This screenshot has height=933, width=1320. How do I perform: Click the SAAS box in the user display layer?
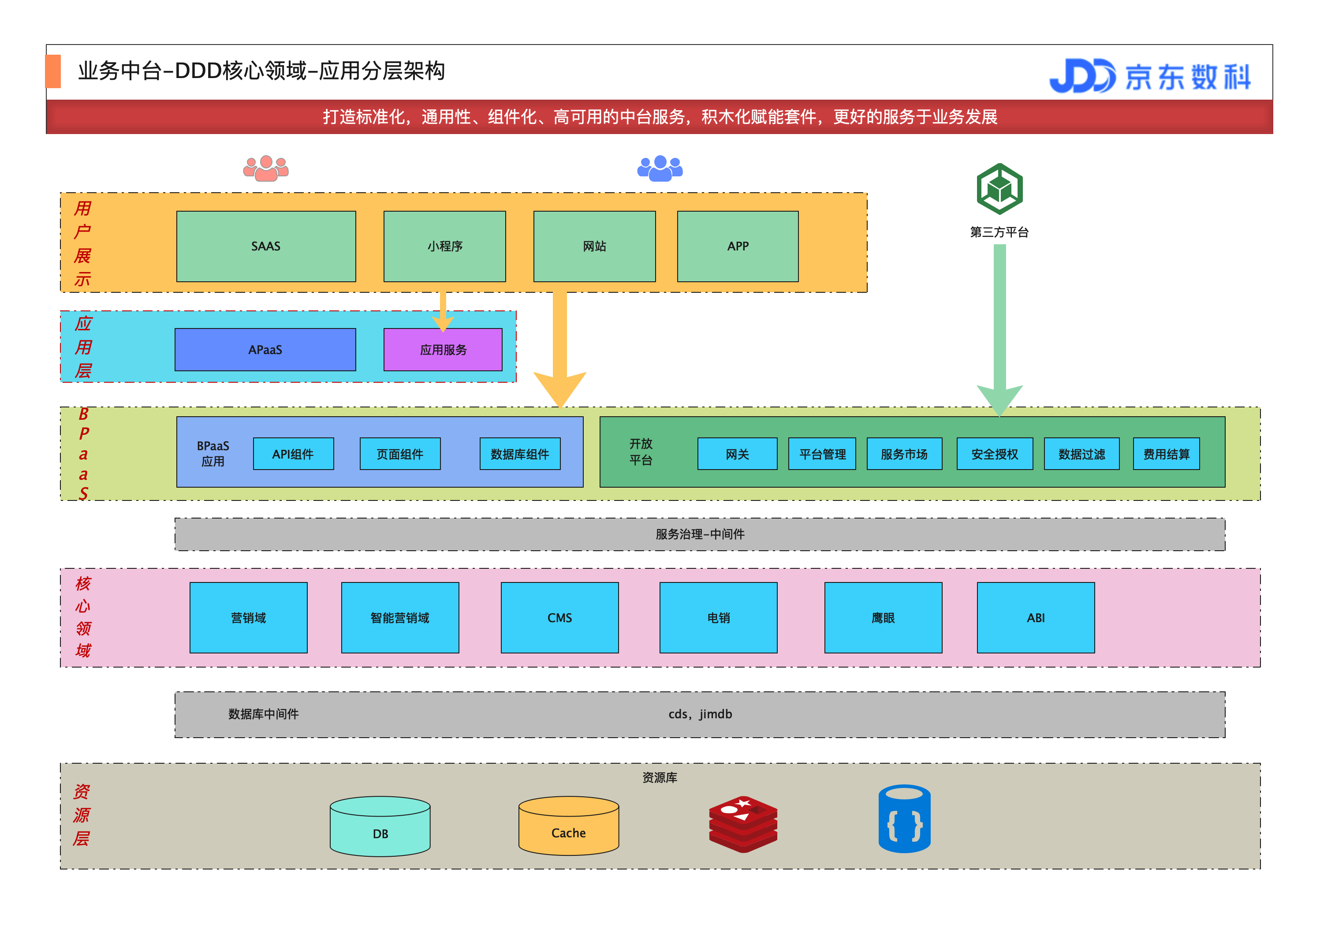coord(265,246)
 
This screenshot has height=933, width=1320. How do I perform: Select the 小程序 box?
coord(444,246)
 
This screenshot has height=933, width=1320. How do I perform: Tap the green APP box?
coord(738,246)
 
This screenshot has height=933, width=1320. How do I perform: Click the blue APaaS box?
coord(265,350)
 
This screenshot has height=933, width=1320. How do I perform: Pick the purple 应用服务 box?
coord(443,350)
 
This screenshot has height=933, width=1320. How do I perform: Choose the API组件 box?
coord(293,454)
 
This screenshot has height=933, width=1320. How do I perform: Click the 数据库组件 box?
coord(520,454)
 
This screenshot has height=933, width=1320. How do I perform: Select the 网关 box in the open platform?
coord(737,454)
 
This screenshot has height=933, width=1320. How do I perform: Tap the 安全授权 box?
coord(995,454)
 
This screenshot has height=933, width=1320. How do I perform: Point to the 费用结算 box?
coord(1166,454)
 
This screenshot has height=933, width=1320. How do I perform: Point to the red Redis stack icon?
coord(743,824)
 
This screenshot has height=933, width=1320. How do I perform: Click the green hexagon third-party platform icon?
coord(999,189)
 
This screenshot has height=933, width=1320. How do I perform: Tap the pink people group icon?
coord(265,168)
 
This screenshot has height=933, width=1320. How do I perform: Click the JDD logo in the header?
coord(1081,76)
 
